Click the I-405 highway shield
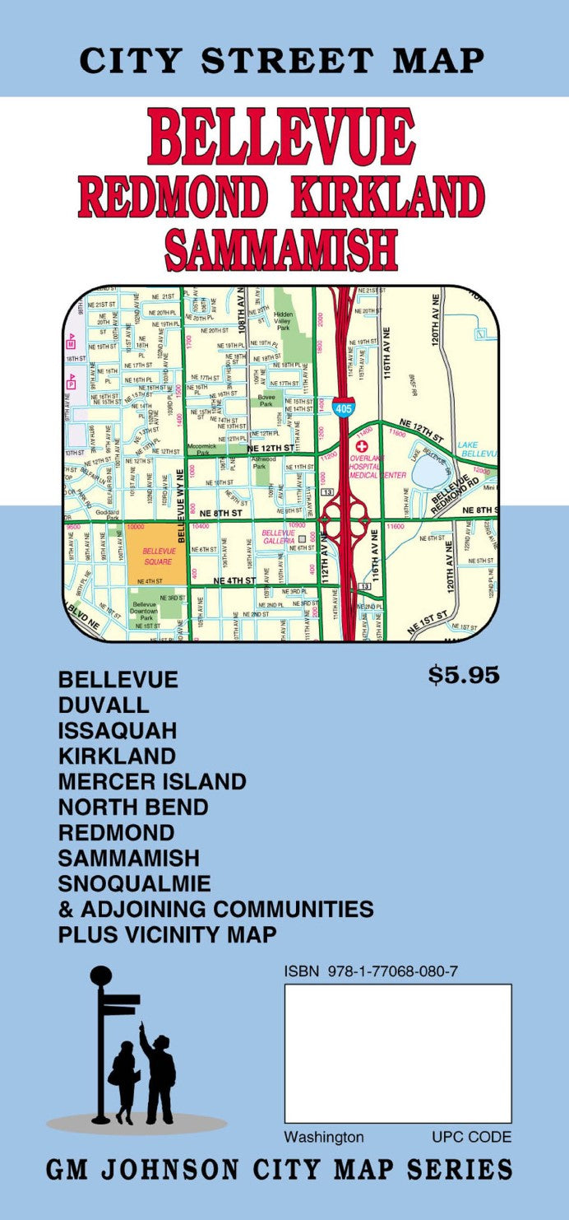345,407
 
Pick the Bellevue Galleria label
278,537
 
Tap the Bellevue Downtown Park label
145,612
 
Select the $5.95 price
464,676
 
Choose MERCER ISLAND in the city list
152,781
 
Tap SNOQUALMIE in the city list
134,883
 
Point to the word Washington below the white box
324,1137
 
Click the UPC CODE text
471,1137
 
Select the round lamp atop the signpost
101,976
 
